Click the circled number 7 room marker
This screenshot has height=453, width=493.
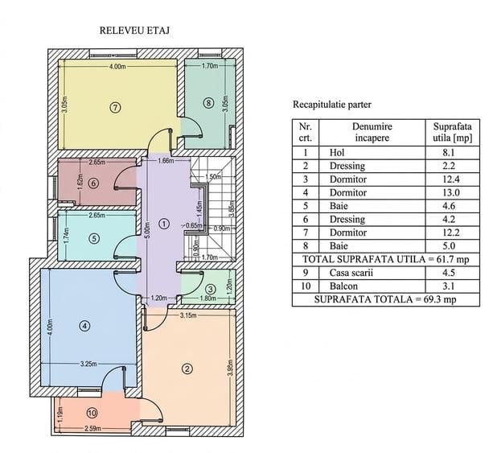(x=116, y=108)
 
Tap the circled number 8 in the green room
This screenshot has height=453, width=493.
(x=208, y=103)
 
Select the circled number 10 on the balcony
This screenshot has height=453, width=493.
(x=92, y=413)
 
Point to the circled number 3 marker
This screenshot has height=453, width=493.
(x=211, y=289)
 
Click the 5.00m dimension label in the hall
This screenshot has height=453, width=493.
(x=147, y=230)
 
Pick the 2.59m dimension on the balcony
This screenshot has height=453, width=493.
(x=92, y=429)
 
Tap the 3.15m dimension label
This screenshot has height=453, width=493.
(x=189, y=315)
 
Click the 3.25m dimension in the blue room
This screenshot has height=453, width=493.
(x=88, y=364)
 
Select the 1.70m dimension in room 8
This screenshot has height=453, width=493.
(x=210, y=66)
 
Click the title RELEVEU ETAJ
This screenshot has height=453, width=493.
(x=134, y=31)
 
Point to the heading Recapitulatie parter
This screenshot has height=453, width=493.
(x=332, y=105)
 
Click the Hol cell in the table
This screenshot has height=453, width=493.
(x=337, y=153)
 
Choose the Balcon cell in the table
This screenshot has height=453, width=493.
(x=343, y=286)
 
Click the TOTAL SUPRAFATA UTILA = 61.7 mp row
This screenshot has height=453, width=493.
(x=386, y=259)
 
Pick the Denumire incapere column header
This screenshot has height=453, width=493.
(x=372, y=132)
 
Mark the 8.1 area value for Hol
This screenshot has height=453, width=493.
(x=448, y=153)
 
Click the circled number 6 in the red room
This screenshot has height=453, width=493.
(x=93, y=183)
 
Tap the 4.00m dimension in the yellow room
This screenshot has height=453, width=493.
(x=117, y=67)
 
